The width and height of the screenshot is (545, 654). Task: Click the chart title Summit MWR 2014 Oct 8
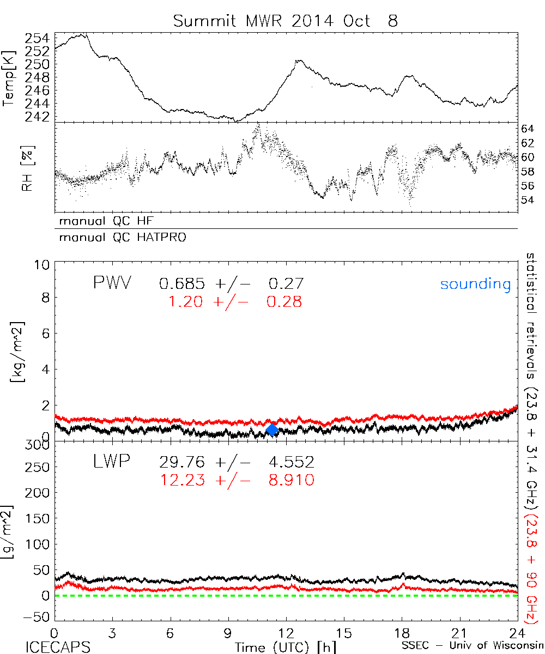(286, 21)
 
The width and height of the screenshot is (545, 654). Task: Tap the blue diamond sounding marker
(272, 430)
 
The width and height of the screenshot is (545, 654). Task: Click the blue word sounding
(476, 284)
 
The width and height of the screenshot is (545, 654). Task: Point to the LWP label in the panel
(111, 463)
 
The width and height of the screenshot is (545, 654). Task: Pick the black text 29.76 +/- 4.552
(237, 463)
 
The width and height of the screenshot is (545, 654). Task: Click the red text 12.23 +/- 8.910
(237, 480)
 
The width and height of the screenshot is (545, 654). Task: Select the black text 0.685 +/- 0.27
(231, 284)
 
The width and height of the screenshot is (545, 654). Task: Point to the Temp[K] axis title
(8, 78)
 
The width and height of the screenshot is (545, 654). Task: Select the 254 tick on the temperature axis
(37, 38)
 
